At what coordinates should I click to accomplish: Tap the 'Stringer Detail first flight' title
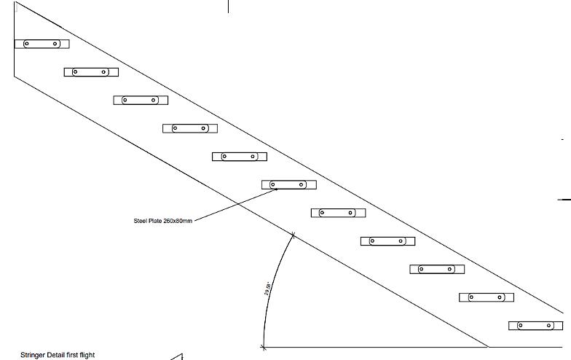click(x=58, y=355)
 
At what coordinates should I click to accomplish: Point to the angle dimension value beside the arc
click(x=267, y=287)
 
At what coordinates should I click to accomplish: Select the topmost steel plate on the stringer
click(x=42, y=44)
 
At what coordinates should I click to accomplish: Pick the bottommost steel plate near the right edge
click(x=535, y=326)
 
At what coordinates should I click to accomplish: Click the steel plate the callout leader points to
click(x=288, y=184)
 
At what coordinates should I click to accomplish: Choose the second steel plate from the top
click(x=91, y=71)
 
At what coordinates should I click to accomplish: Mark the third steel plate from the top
click(x=141, y=100)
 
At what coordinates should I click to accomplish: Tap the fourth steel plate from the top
click(x=190, y=128)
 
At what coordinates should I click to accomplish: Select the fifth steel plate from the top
click(x=240, y=157)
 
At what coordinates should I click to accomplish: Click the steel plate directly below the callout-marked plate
click(x=338, y=213)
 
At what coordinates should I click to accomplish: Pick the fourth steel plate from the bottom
click(x=387, y=241)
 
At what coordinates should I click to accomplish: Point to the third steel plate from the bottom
click(x=437, y=269)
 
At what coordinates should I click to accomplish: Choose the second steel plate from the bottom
click(x=487, y=297)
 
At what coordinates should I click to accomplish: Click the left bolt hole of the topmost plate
click(x=27, y=44)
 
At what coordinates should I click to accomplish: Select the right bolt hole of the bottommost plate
click(x=549, y=326)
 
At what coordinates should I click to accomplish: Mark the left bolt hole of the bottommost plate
click(x=521, y=326)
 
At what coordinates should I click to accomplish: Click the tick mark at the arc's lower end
click(x=262, y=347)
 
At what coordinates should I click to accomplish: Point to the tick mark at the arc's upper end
click(x=293, y=235)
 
